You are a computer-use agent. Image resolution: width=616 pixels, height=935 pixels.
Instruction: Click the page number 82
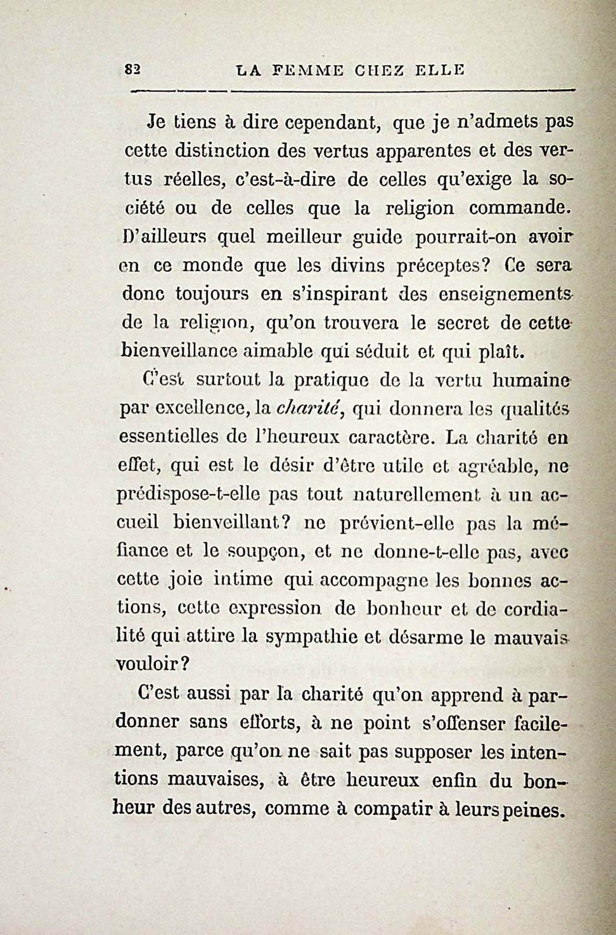130,70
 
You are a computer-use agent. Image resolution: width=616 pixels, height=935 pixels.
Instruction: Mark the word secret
456,324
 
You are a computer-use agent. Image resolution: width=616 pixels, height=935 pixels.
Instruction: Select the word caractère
391,437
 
